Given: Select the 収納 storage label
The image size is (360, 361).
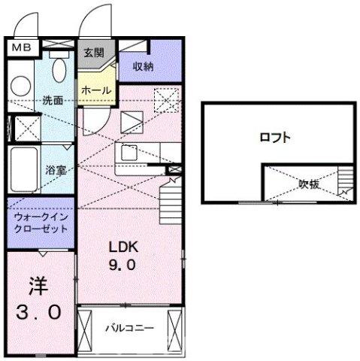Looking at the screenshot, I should coord(144,67).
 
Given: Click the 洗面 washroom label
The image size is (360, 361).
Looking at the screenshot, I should coord(52,100).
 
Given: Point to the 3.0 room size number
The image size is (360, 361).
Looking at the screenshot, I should coord(37,311).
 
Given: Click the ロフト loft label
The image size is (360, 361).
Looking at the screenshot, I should coord(275,138).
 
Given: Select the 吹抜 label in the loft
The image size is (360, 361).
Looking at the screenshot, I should coord(308,183).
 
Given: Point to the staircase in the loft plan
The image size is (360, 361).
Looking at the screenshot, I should coord(346,181).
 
